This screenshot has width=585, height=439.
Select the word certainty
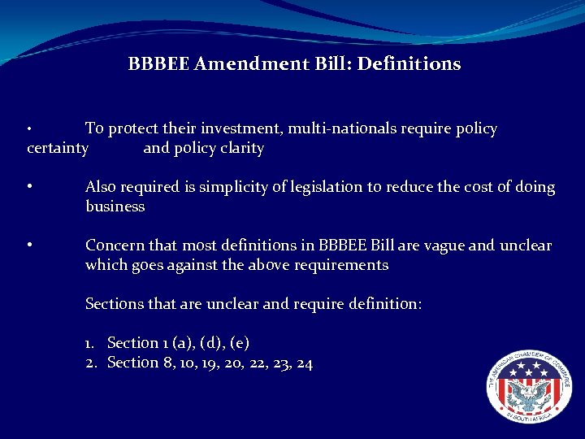(x=57, y=148)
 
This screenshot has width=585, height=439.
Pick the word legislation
(x=326, y=187)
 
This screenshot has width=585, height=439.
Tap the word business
(x=115, y=206)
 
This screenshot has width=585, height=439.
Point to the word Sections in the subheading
(x=115, y=304)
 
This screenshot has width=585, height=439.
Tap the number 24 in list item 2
(x=304, y=363)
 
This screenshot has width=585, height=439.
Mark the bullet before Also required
(x=29, y=186)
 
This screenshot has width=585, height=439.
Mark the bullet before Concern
(x=29, y=245)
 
